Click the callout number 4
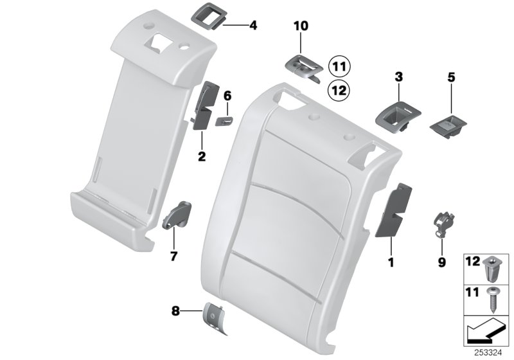click(253, 26)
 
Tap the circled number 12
click(339, 90)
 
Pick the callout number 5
click(451, 77)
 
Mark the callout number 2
click(201, 156)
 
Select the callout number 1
click(391, 262)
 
